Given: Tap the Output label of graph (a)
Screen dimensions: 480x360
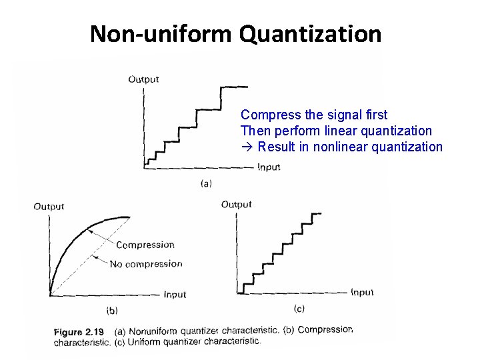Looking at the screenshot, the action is tap(143, 79).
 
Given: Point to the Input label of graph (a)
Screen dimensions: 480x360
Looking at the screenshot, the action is tap(269, 167).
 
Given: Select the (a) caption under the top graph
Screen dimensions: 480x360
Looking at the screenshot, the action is tap(207, 183).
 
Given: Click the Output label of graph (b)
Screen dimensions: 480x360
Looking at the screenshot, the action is tap(49, 207).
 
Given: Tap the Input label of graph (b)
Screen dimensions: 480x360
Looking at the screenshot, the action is tap(175, 294).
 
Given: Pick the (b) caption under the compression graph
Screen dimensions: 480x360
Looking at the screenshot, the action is tap(112, 310).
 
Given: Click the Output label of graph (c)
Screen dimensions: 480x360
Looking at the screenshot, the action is tap(236, 204).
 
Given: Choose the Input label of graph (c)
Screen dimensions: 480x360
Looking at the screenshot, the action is tap(362, 292).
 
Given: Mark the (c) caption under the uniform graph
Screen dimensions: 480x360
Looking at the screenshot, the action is tap(299, 308).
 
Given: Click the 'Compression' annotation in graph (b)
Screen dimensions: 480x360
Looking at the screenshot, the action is tap(145, 245).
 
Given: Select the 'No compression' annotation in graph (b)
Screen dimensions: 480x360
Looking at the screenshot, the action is tap(146, 264).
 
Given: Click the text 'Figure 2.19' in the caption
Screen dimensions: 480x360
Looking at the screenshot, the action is tap(79, 331).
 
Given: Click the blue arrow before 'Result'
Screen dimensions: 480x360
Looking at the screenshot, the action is tap(247, 147).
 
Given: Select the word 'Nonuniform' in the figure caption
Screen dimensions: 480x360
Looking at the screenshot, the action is tap(153, 331).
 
